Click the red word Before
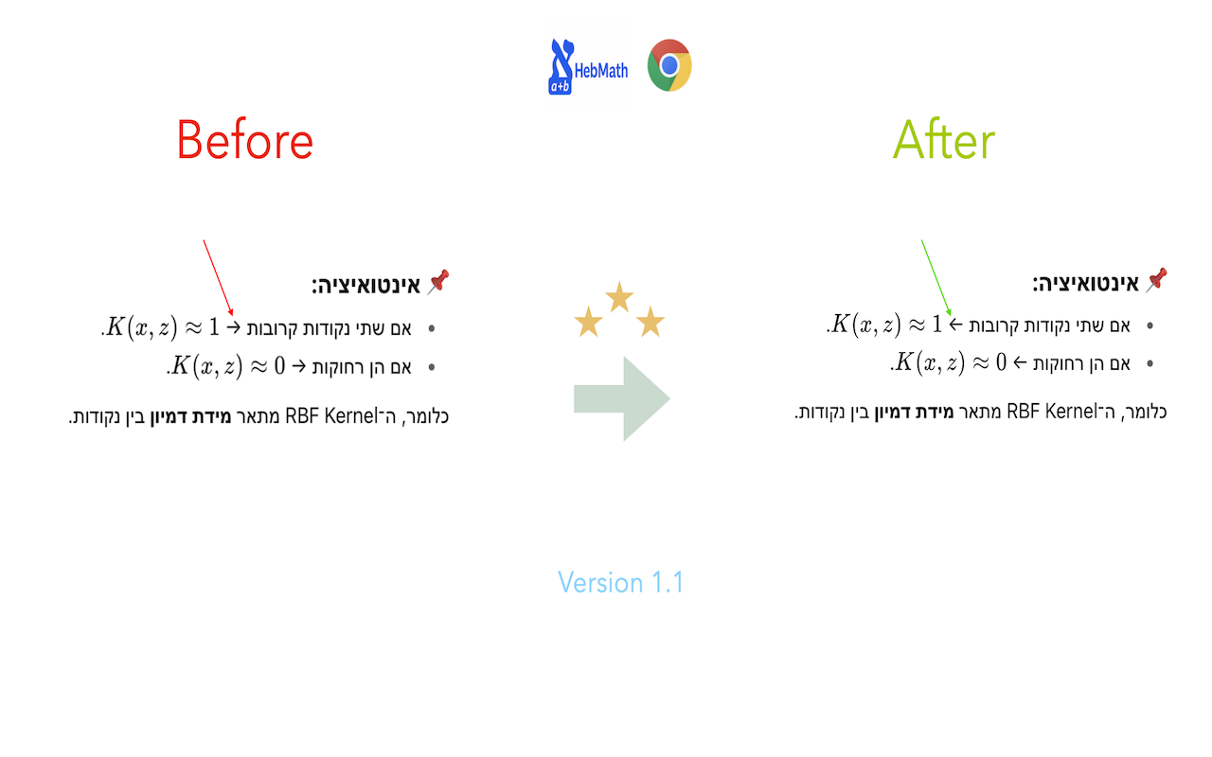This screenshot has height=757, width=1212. coord(244,141)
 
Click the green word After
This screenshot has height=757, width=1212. coord(943,142)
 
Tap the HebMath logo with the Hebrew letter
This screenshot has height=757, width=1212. coord(562,66)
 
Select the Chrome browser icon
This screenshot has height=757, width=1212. coord(669,65)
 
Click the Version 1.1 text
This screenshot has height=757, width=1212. coord(620,582)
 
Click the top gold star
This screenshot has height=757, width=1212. coord(619,296)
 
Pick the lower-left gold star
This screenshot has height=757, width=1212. coord(588,323)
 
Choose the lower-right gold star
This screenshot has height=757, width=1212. coord(651,323)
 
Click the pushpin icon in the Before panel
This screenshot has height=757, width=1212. coord(438,281)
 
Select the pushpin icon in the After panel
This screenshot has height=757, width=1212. coord(1156,278)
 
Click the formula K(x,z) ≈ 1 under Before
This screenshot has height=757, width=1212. coord(162,328)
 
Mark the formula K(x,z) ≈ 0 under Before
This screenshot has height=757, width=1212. coord(227,366)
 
